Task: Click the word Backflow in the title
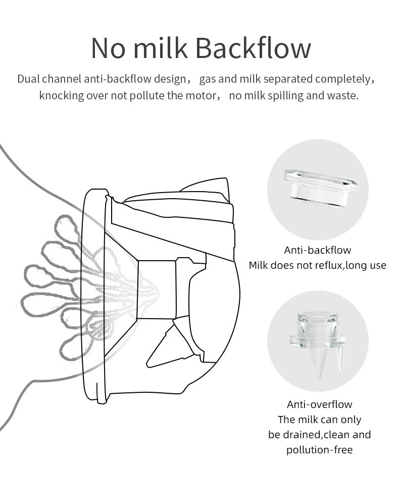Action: click(x=253, y=48)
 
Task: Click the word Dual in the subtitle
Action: click(x=28, y=79)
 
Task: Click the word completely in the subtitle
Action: click(x=343, y=79)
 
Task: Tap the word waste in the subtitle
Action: click(x=344, y=96)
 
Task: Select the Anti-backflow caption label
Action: click(x=317, y=250)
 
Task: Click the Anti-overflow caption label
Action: click(x=320, y=404)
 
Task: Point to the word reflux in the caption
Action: click(x=327, y=265)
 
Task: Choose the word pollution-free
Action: click(x=320, y=450)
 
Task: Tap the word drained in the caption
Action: click(x=306, y=435)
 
